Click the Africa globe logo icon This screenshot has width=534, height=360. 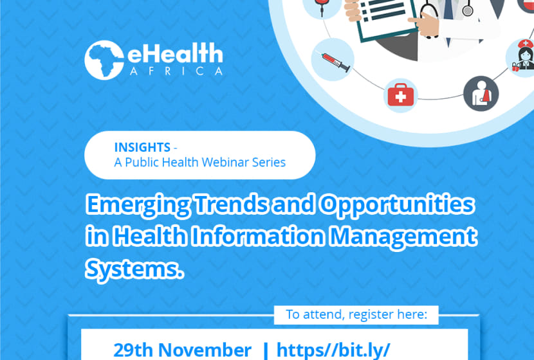point(104,60)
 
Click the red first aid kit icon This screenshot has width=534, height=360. point(402,95)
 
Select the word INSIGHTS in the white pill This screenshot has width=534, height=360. point(142,147)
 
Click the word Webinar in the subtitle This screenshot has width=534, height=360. point(228,162)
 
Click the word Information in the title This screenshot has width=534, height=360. point(257,237)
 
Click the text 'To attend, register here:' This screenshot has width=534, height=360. point(356,314)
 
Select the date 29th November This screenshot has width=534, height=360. point(182,350)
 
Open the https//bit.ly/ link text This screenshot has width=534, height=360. point(333,350)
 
